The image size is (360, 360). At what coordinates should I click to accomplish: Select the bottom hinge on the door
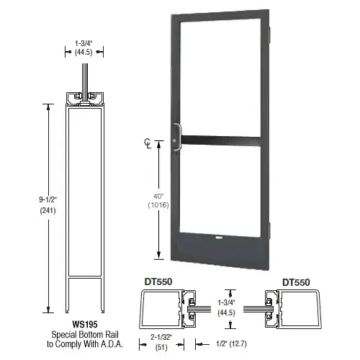(x=270, y=230)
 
